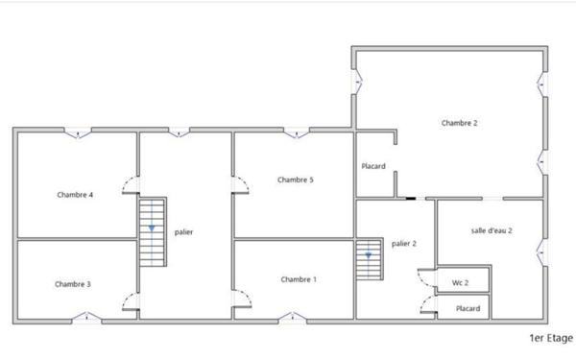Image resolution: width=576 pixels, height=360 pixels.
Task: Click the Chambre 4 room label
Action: pos(75,195)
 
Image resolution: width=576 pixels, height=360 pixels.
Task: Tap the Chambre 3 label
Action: pos(73,283)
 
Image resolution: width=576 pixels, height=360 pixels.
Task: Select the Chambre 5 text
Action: pos(296,180)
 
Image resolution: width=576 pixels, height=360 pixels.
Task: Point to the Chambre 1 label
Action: pos(298,279)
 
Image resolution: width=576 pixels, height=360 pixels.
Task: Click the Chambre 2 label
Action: pos(460,123)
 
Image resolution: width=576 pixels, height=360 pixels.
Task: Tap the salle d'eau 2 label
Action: pos(492,230)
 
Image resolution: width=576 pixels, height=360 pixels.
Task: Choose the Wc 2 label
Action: pos(460,283)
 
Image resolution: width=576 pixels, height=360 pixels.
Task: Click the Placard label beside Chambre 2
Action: pos(373,167)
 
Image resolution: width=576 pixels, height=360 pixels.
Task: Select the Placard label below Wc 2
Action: pos(468,308)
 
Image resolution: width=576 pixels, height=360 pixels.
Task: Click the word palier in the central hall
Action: pos(184,232)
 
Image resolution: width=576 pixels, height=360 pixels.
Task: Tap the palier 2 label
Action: pos(404,244)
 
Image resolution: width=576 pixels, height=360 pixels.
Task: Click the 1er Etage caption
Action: pos(551,338)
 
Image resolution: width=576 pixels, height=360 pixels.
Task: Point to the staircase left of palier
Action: pos(152,231)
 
